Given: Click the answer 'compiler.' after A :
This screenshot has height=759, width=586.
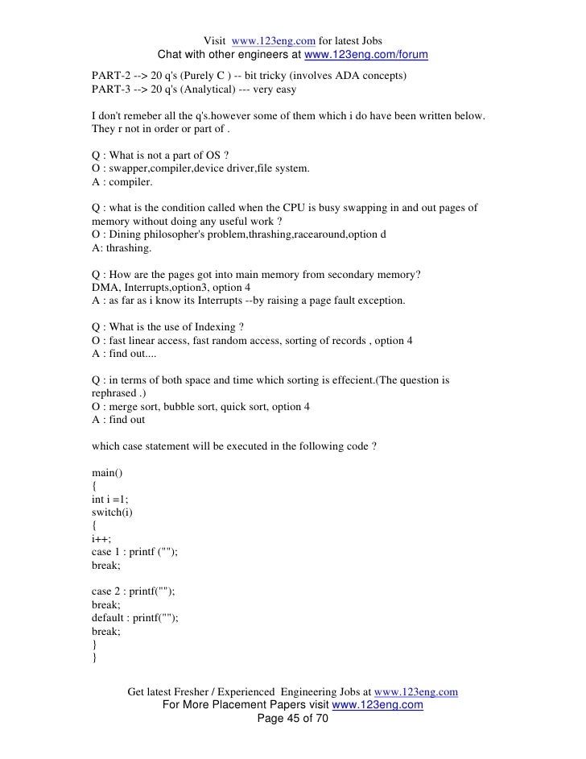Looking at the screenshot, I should pyautogui.click(x=129, y=182).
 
